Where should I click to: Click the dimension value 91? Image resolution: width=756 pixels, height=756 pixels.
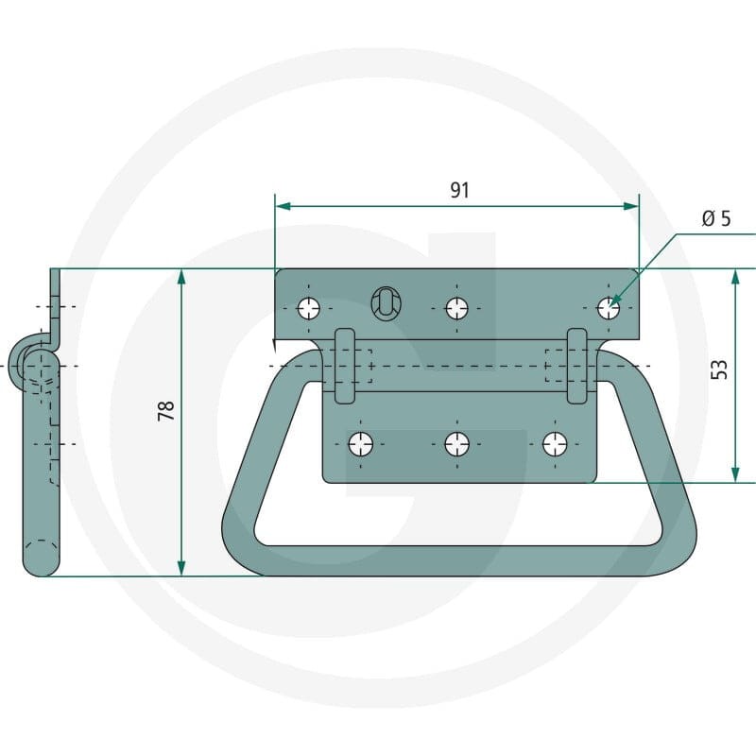(459, 190)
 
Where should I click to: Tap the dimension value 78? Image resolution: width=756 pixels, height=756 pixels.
(166, 411)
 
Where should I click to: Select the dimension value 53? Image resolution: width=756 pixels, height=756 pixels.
(719, 369)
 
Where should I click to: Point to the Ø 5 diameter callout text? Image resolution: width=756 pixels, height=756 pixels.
(716, 218)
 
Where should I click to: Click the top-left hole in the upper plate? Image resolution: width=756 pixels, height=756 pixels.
(309, 308)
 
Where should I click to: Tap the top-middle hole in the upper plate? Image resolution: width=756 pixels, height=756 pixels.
(457, 308)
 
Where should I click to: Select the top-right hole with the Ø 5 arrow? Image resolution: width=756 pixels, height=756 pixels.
(609, 308)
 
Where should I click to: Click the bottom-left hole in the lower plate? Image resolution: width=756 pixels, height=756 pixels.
(361, 443)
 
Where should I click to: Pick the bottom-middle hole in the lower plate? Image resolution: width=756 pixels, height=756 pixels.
(457, 443)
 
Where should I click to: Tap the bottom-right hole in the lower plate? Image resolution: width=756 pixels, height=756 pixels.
(555, 443)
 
